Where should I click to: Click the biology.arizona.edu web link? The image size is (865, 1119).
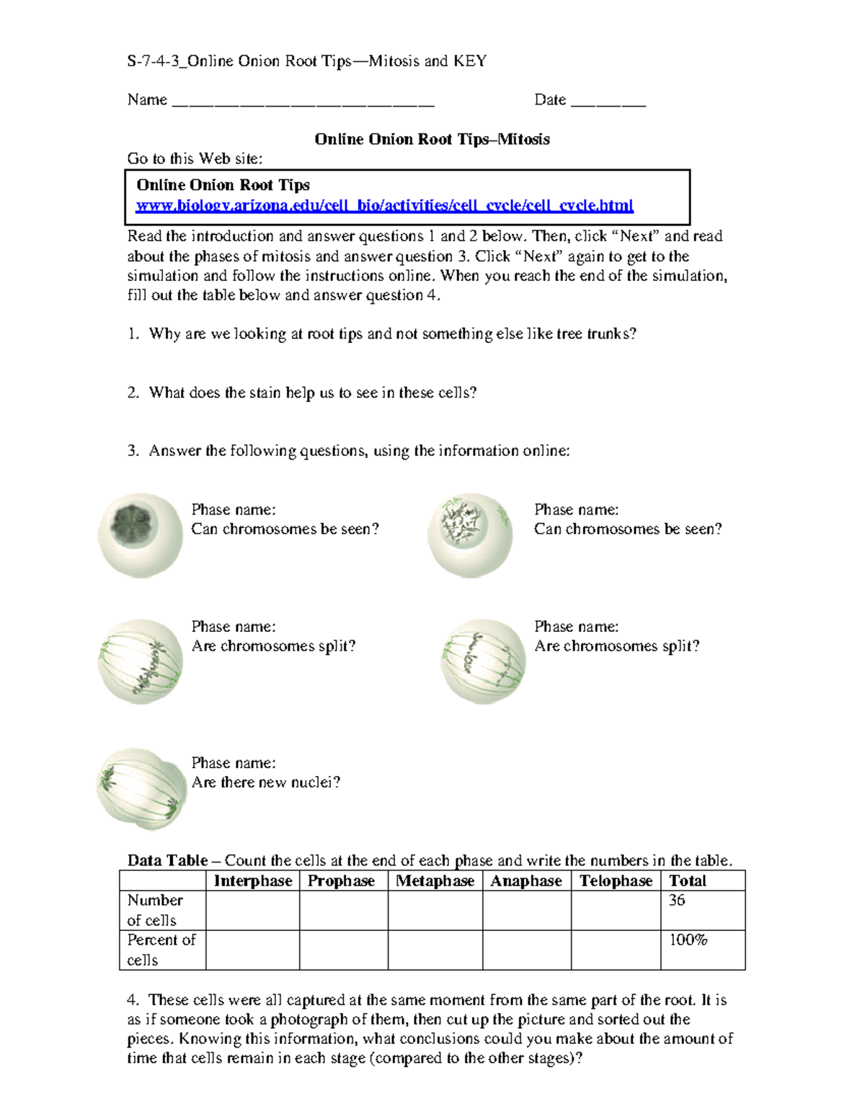384,206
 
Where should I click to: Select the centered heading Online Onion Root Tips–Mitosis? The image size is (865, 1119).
432,139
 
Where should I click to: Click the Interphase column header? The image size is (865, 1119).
252,881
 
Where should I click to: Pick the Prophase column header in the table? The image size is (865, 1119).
341,881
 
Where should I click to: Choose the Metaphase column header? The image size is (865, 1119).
435,881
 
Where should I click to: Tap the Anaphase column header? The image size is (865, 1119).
525,881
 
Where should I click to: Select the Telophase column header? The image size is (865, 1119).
616,881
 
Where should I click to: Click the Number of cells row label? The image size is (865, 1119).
155,910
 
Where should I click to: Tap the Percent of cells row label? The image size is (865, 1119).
160,950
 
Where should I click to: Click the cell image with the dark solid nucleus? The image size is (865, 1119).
140,535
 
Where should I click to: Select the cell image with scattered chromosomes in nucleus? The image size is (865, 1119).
470,535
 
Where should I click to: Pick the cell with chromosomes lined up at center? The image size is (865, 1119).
141,661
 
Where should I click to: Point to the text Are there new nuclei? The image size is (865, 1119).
265,783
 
